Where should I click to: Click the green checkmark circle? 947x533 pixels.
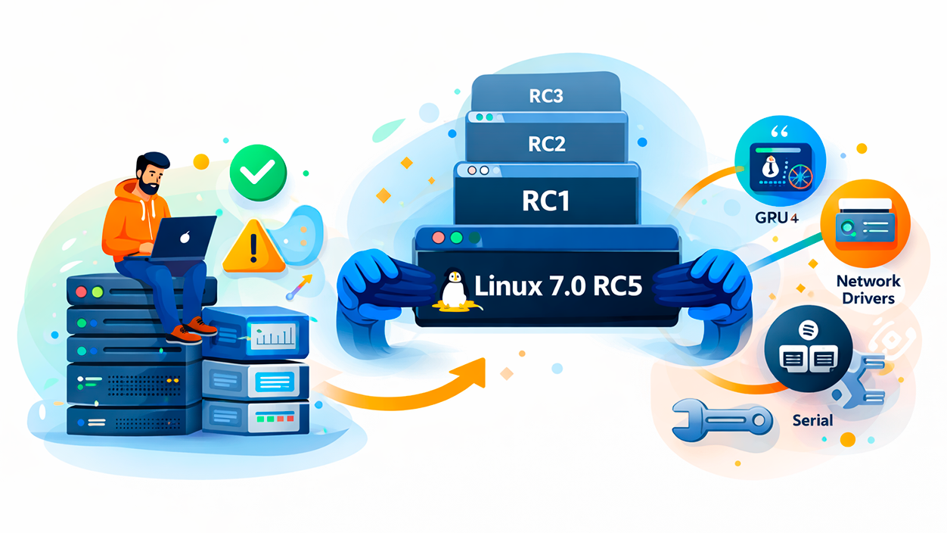(258, 173)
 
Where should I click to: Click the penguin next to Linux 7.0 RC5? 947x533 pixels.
(452, 289)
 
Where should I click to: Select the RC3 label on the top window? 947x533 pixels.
(546, 98)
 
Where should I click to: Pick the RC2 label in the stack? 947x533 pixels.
(546, 144)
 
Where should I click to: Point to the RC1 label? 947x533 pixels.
(546, 201)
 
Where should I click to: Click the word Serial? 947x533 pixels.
(812, 419)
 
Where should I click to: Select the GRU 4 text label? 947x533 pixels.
(776, 218)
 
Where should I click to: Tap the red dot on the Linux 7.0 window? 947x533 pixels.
(438, 238)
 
